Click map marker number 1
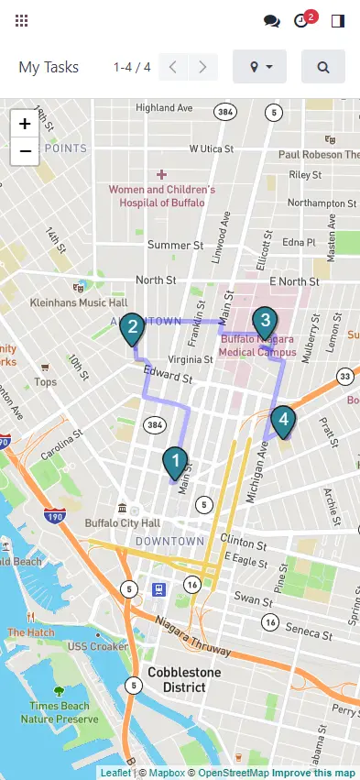pyautogui.click(x=174, y=461)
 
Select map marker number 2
pyautogui.click(x=133, y=328)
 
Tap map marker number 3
pyautogui.click(x=264, y=322)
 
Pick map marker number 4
pyautogui.click(x=284, y=421)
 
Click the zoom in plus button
pyautogui.click(x=25, y=124)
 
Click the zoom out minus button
pyautogui.click(x=25, y=151)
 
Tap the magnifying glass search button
pyautogui.click(x=323, y=67)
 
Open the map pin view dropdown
pyautogui.click(x=260, y=67)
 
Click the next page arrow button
pyautogui.click(x=203, y=67)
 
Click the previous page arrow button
pyautogui.click(x=173, y=67)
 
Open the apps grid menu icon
pyautogui.click(x=22, y=20)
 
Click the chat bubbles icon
pyautogui.click(x=271, y=20)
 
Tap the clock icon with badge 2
pyautogui.click(x=301, y=20)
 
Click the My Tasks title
pyautogui.click(x=49, y=67)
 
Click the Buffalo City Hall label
pyautogui.click(x=122, y=522)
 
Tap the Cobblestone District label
pyautogui.click(x=184, y=680)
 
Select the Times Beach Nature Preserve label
pyautogui.click(x=60, y=713)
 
